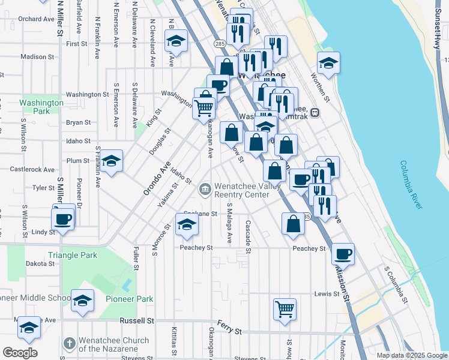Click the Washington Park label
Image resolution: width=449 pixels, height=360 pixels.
point(41,107)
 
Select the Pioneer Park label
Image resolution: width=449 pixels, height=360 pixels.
point(129,299)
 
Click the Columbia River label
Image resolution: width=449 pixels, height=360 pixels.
point(412,185)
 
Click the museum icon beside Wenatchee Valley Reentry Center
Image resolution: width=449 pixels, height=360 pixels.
point(205,190)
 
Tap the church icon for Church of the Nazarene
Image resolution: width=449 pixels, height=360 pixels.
point(69,344)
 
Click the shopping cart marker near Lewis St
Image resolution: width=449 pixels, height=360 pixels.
point(285,309)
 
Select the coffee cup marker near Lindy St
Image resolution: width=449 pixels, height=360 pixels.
point(62,219)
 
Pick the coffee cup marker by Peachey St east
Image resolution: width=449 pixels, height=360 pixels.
point(343,254)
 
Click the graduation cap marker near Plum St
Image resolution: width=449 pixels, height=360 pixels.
point(111,161)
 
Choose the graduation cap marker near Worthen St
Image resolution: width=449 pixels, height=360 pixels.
point(328,63)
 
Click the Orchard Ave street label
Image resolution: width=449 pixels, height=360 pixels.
point(36,19)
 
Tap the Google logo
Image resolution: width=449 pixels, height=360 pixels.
point(20,353)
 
